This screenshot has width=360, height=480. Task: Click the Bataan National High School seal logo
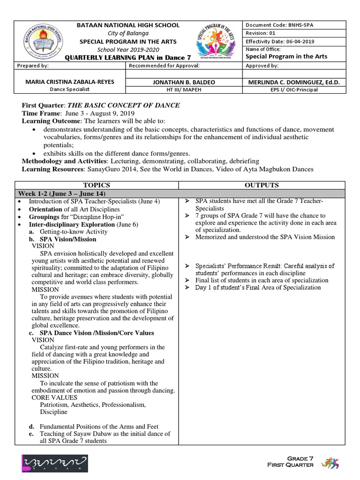pyautogui.click(x=39, y=41)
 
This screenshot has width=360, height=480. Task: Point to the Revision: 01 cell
pyautogui.click(x=261, y=33)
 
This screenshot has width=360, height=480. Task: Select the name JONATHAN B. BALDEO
pyautogui.click(x=184, y=82)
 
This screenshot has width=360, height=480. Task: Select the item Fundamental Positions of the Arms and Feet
pyautogui.click(x=99, y=427)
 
